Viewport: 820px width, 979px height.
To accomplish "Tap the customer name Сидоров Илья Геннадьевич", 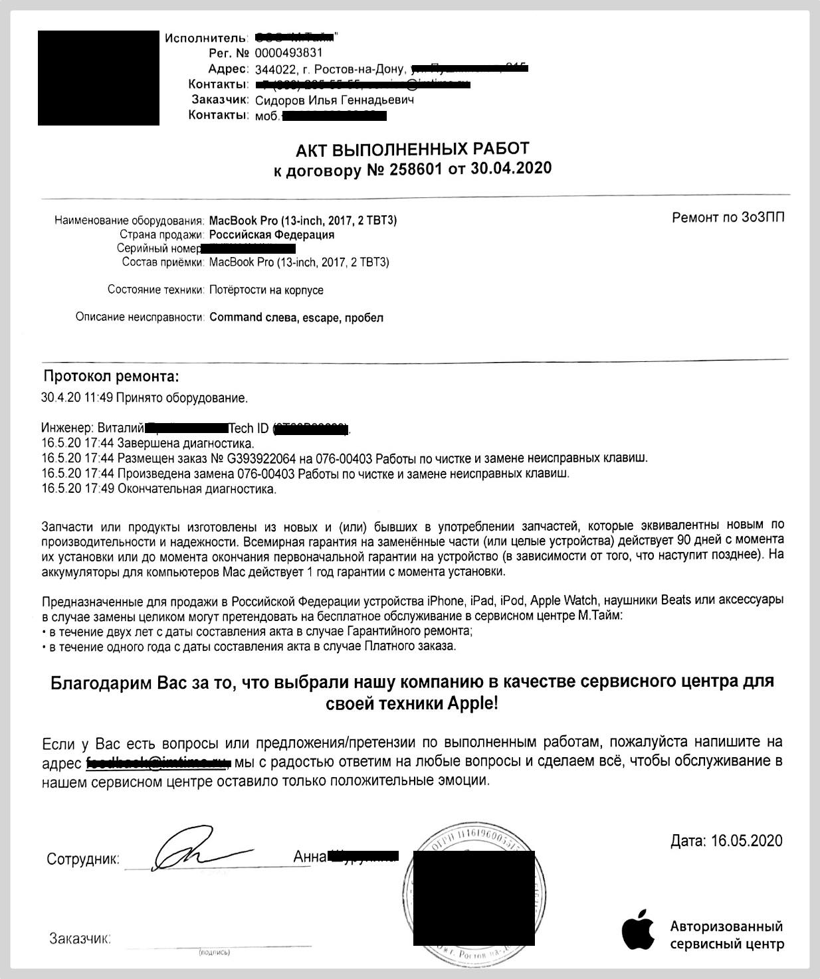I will pyautogui.click(x=334, y=100).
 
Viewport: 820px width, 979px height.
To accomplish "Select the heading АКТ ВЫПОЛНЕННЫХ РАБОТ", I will pyautogui.click(x=412, y=148).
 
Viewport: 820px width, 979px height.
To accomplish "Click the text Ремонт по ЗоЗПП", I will pyautogui.click(x=728, y=218).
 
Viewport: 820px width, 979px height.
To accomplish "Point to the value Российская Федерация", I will pyautogui.click(x=272, y=234).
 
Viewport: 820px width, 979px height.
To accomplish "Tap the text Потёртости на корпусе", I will pyautogui.click(x=266, y=290).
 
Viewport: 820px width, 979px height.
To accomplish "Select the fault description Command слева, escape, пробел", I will pyautogui.click(x=296, y=317).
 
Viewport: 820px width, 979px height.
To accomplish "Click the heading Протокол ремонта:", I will pyautogui.click(x=111, y=377).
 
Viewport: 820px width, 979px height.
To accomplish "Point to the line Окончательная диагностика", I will pyautogui.click(x=197, y=489).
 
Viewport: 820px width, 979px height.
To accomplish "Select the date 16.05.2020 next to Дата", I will pyautogui.click(x=746, y=841).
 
